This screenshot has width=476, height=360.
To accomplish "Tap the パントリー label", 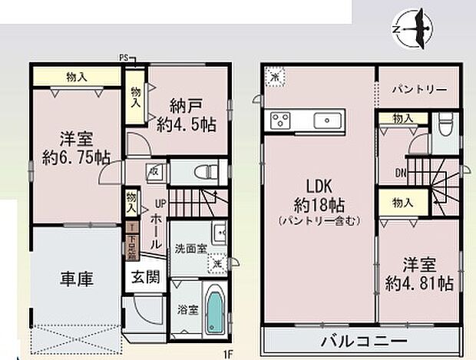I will [419, 90].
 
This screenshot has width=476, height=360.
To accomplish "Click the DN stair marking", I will [401, 172].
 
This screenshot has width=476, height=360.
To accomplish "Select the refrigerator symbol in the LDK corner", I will [274, 78].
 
